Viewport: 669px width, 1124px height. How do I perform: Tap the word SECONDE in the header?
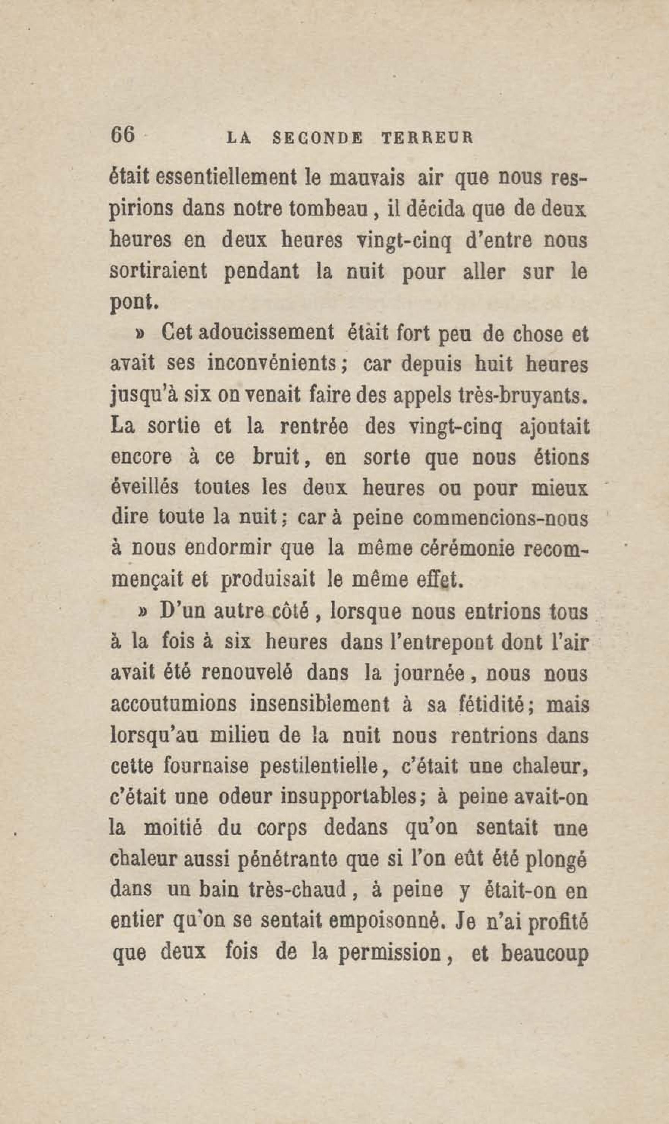pyautogui.click(x=318, y=138)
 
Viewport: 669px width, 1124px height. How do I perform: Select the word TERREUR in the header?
pyautogui.click(x=428, y=138)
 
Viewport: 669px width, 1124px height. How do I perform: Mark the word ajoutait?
pyautogui.click(x=554, y=427)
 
